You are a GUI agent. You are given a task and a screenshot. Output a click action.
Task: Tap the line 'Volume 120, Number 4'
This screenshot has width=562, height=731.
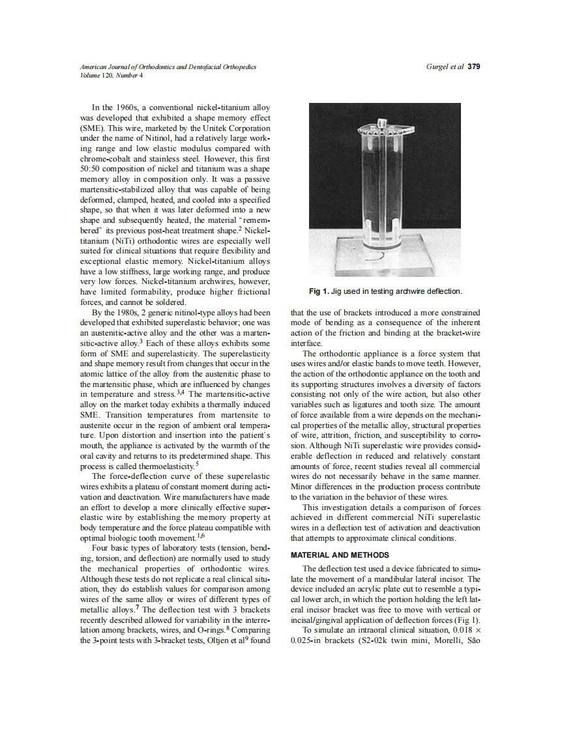(x=111, y=75)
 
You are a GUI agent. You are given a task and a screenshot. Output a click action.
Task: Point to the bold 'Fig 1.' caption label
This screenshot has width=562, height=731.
(x=319, y=291)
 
